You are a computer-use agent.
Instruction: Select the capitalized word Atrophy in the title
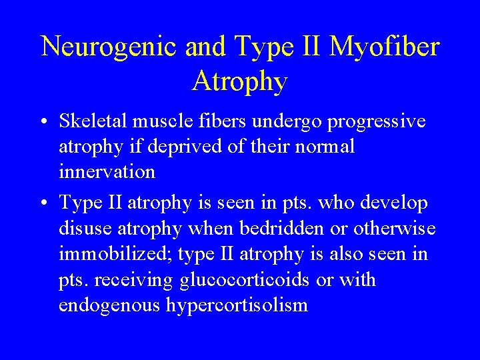[240, 81]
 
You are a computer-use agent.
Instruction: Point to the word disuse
[87, 229]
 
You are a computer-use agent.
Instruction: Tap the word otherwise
[397, 229]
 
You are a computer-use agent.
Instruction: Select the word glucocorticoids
[245, 280]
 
